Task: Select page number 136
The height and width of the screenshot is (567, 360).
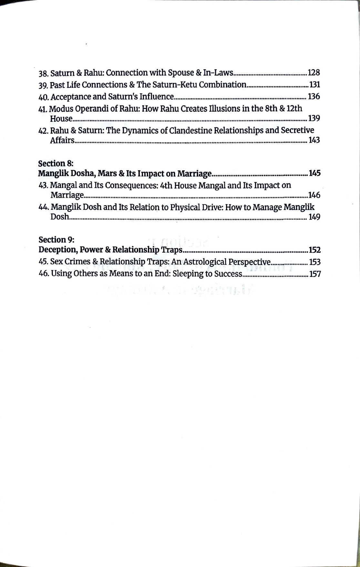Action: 314,97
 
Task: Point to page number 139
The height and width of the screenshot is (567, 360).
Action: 314,118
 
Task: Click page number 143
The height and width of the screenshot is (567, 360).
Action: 314,140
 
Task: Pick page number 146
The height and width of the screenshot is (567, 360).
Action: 314,195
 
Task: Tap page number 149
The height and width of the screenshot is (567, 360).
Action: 314,217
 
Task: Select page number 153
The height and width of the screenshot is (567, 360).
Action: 315,262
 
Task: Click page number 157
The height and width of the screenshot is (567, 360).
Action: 315,274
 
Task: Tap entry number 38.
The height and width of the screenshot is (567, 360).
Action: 43,73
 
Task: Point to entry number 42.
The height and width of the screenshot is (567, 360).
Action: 43,131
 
